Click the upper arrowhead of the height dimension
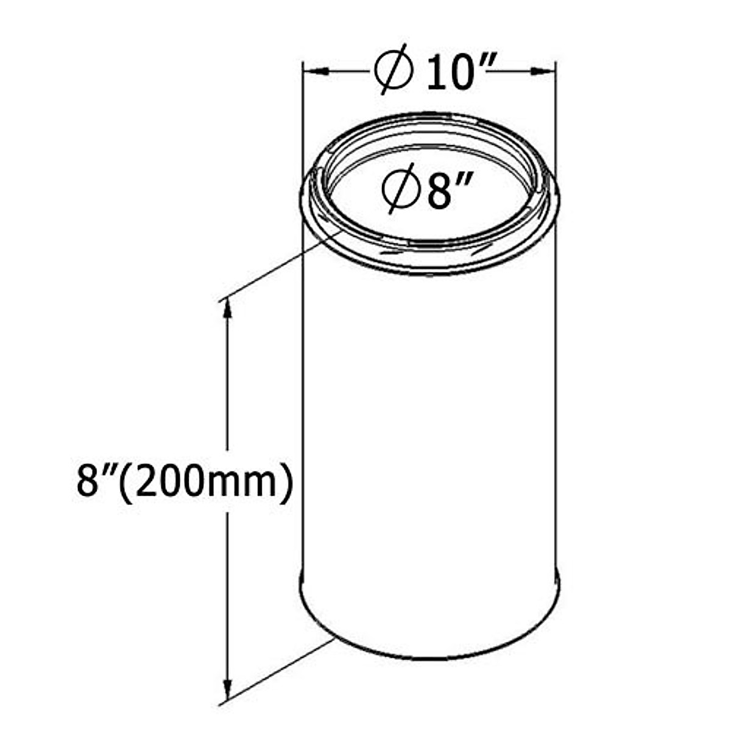pyautogui.click(x=228, y=308)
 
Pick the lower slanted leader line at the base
pyautogui.click(x=274, y=671)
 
